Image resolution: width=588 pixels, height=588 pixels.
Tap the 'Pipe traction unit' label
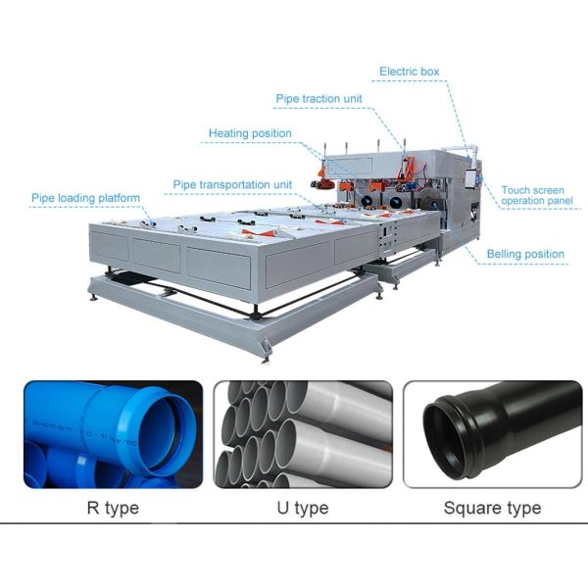coord(318,100)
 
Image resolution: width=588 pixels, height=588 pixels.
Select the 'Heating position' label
coord(250,133)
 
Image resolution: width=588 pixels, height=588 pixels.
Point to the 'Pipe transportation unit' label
coord(233,184)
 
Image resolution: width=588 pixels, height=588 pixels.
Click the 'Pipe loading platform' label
coord(86,197)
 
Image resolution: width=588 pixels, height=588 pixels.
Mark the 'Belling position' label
coord(526,254)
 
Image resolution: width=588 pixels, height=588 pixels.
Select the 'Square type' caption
coord(492,508)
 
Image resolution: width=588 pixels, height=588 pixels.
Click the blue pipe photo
coord(113,434)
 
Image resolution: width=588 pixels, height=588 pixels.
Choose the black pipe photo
coord(492,434)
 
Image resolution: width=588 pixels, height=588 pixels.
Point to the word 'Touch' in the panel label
coord(516,190)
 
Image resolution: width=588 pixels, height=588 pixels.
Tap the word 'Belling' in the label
coord(507,254)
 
